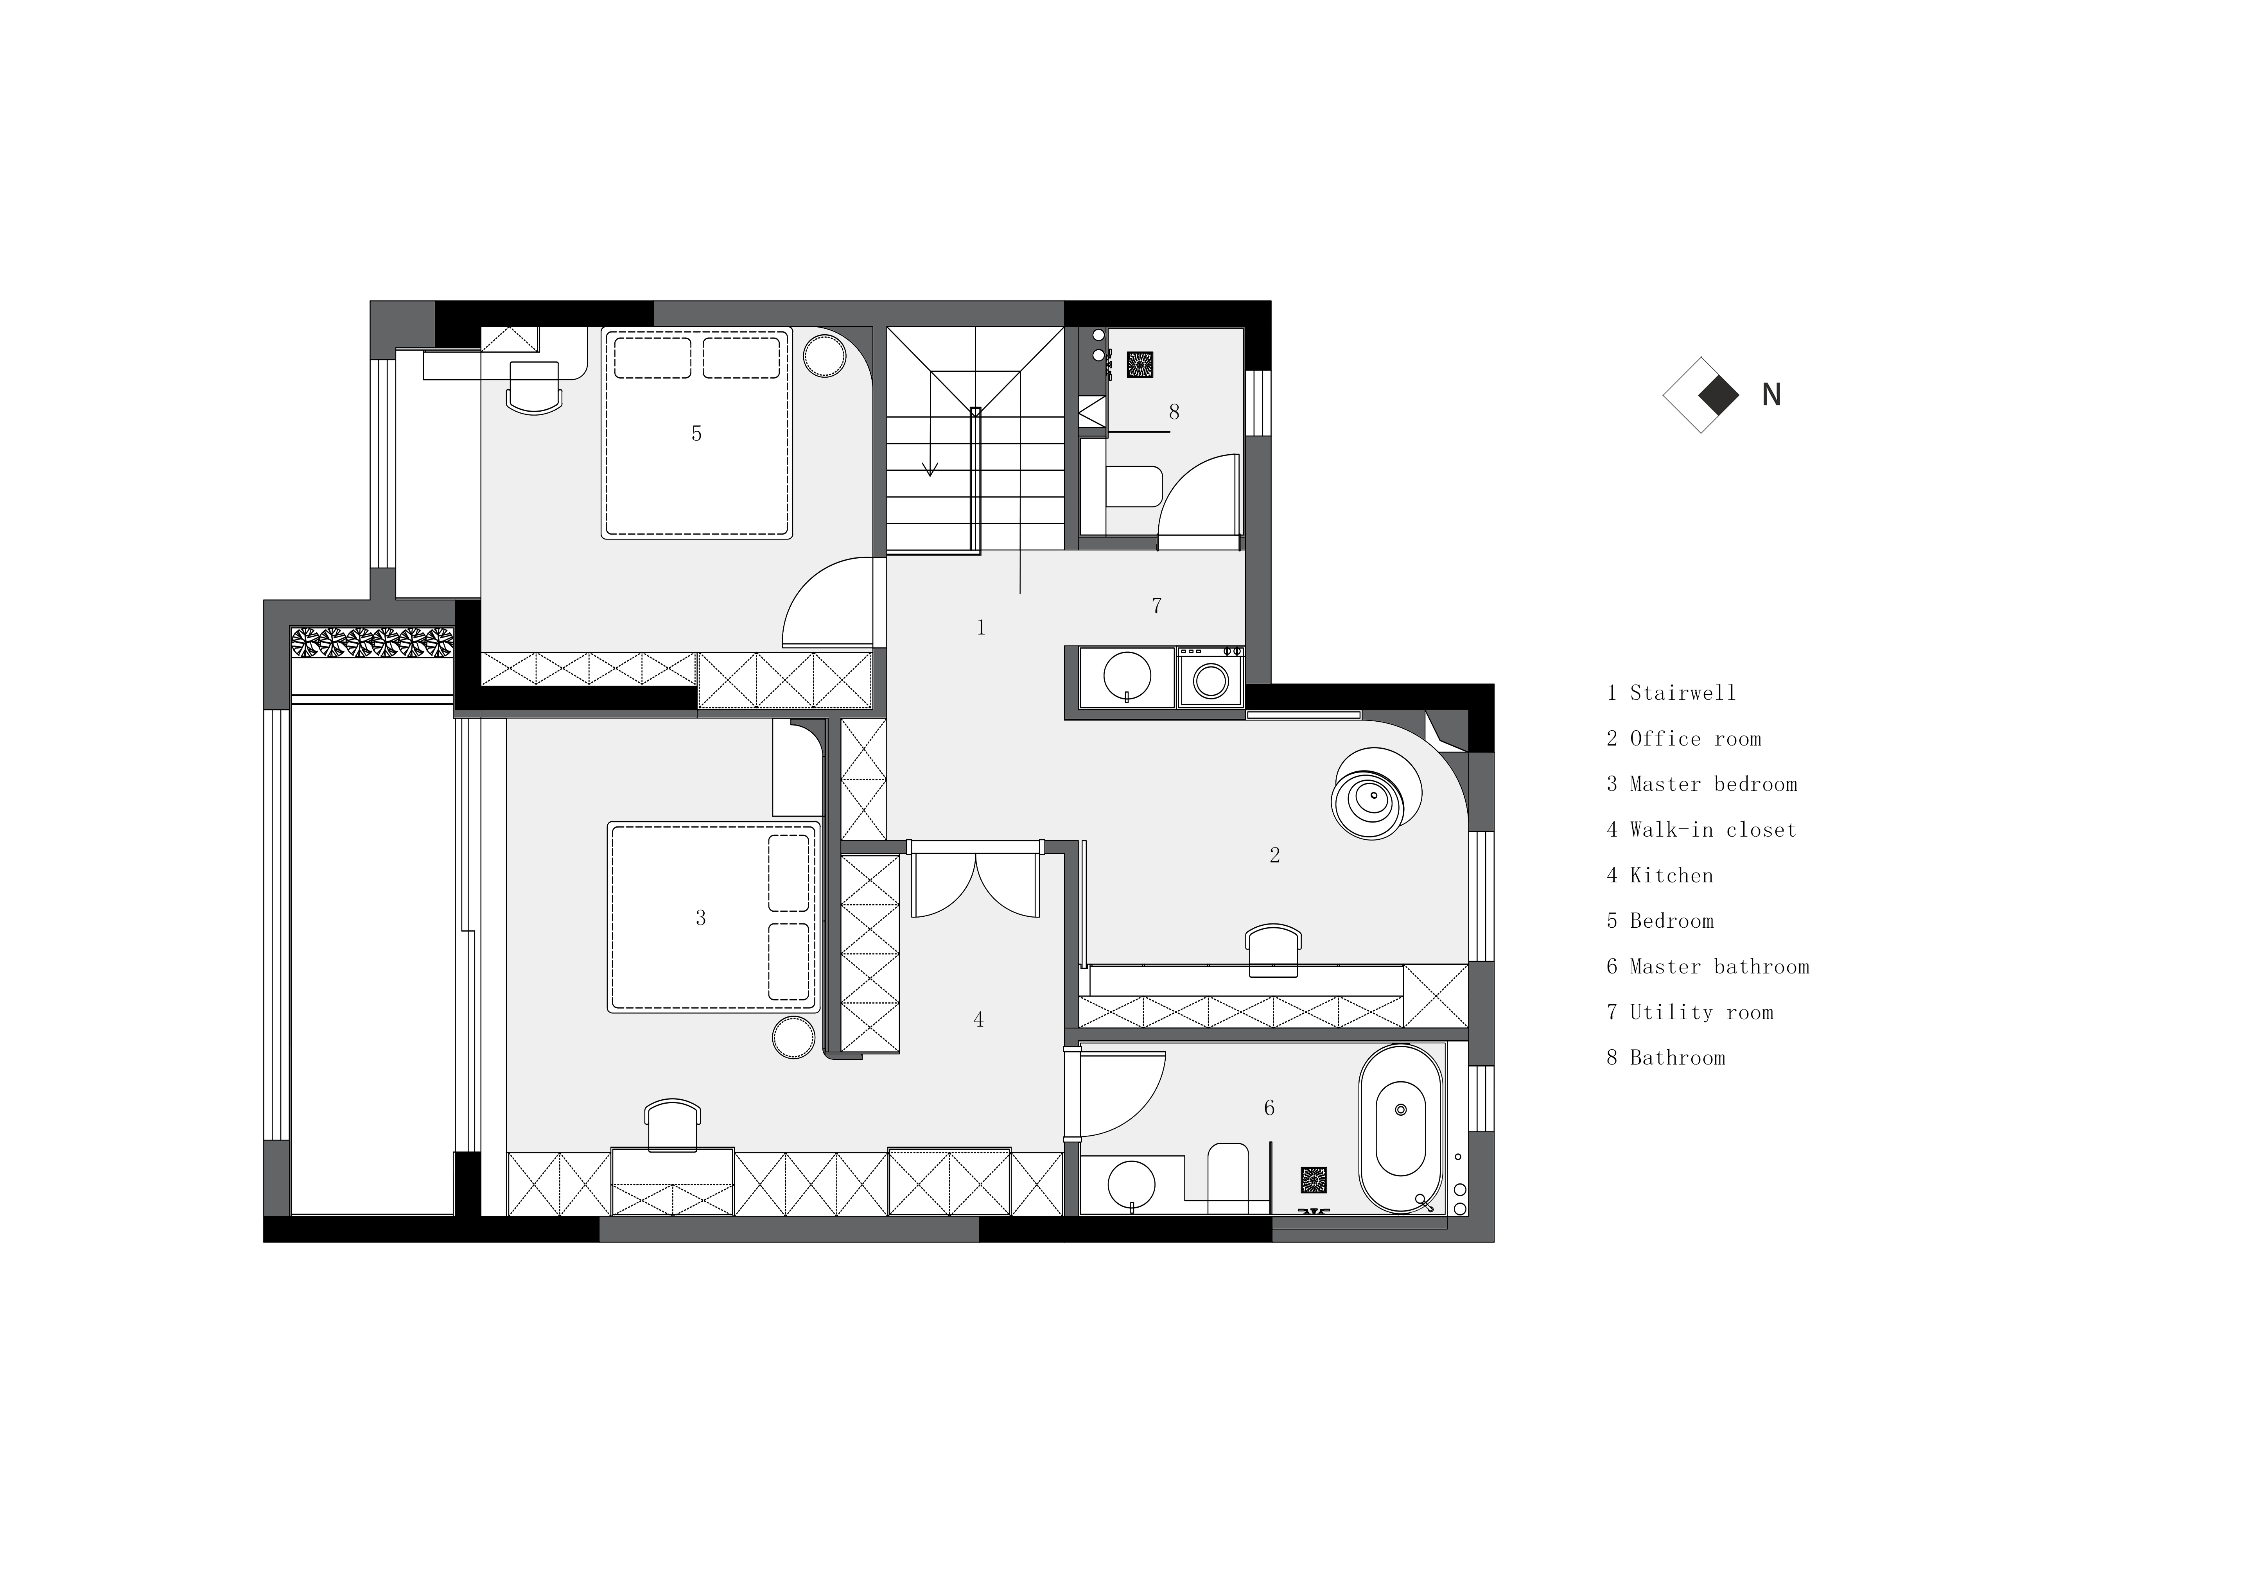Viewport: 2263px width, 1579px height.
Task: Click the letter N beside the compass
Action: (x=1771, y=395)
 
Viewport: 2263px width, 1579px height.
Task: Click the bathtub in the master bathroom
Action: (x=1401, y=1129)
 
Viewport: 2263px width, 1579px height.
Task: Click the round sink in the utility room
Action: (x=1127, y=676)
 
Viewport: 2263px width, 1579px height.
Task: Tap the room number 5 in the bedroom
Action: (x=696, y=434)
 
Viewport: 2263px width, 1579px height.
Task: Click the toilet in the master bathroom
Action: (x=1228, y=1173)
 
